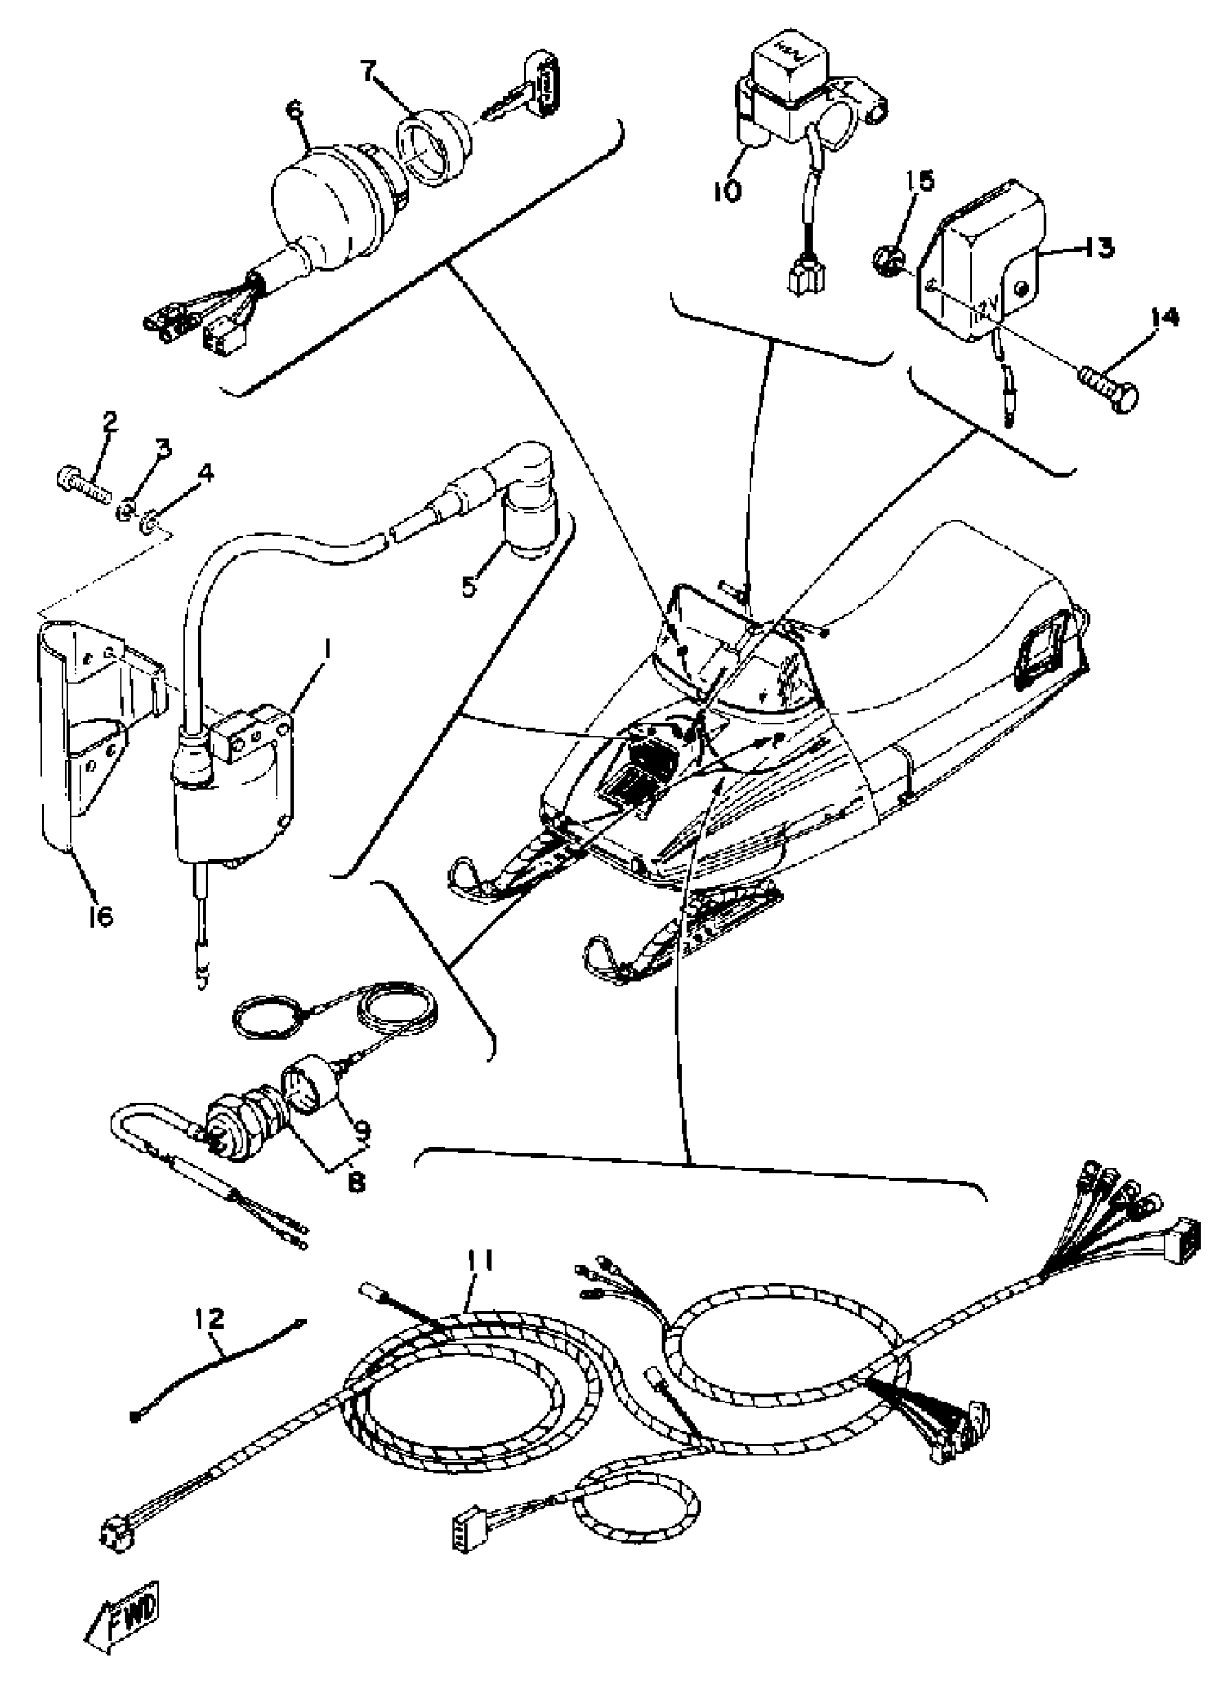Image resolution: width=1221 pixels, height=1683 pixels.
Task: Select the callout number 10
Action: (x=728, y=191)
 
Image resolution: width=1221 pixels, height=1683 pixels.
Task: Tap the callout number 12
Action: (x=209, y=1319)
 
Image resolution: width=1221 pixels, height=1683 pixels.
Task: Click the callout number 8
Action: (x=356, y=1182)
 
